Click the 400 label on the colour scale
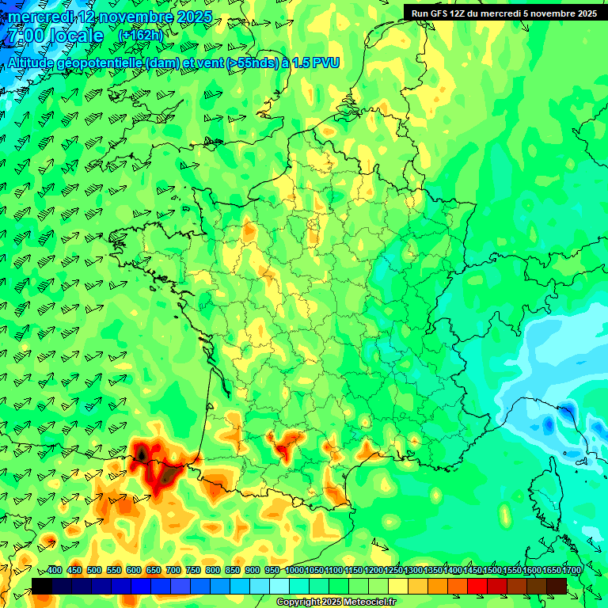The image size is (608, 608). (x=55, y=570)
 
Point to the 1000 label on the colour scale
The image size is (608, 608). (x=294, y=570)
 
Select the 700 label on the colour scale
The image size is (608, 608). (x=173, y=570)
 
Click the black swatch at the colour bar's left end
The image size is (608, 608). (x=42, y=586)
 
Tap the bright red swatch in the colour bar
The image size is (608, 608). (x=477, y=586)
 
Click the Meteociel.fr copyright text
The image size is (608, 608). (x=336, y=602)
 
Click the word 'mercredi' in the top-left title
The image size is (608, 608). (x=42, y=17)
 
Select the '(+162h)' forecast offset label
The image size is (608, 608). (x=140, y=36)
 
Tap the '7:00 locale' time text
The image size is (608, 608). (x=54, y=36)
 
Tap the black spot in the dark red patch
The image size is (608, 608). (x=141, y=454)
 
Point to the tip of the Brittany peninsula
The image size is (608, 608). (x=112, y=235)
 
